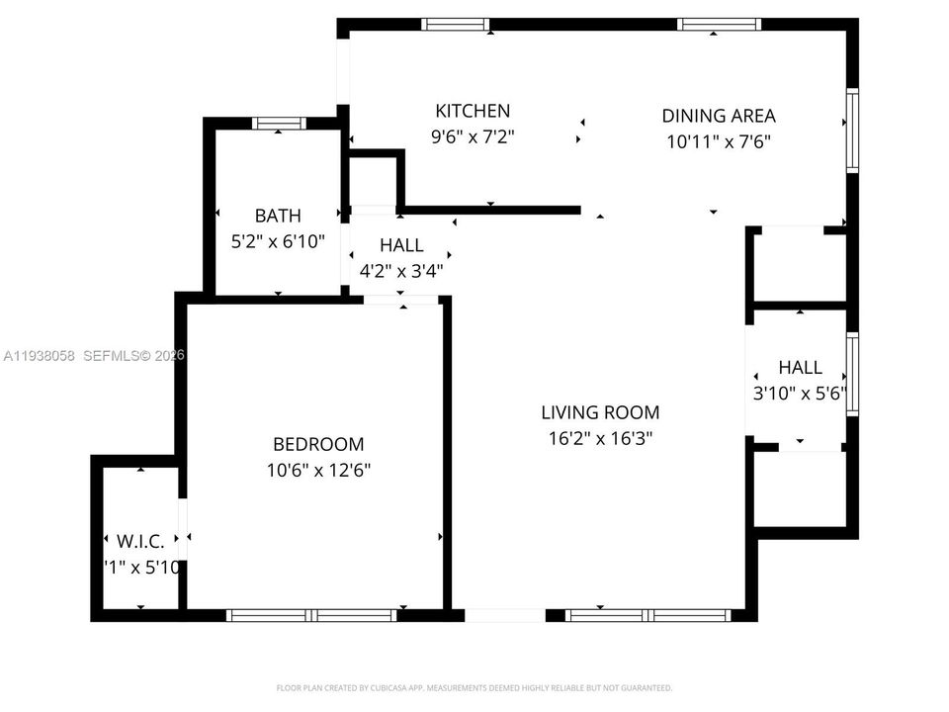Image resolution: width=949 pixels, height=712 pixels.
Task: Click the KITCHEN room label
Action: (x=473, y=111)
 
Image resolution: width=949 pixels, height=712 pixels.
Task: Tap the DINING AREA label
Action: (x=718, y=116)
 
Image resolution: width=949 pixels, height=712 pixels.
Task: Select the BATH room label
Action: (x=278, y=215)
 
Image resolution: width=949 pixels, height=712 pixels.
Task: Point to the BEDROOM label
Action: (x=318, y=445)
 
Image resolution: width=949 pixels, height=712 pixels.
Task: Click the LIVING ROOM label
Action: (x=599, y=412)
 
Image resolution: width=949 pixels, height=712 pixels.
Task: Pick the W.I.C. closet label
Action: (x=141, y=541)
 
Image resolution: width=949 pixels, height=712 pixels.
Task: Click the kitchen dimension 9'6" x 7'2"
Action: (x=473, y=136)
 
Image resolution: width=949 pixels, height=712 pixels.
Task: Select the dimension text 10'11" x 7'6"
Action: (x=718, y=141)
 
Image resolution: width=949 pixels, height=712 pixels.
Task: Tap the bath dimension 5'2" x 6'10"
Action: (x=278, y=240)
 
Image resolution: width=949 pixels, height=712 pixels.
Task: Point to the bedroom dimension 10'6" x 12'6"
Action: (x=318, y=471)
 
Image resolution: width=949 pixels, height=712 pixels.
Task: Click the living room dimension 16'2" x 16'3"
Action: (x=599, y=438)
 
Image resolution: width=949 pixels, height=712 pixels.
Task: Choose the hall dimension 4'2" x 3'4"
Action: (x=400, y=270)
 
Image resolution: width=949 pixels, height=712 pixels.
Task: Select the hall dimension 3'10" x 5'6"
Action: (x=800, y=393)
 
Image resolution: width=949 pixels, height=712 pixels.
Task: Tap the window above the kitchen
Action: (x=456, y=24)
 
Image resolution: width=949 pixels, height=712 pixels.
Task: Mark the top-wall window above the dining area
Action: (x=719, y=24)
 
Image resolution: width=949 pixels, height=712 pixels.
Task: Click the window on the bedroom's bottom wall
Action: (x=312, y=615)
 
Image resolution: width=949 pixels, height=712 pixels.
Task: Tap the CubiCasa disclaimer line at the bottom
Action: (x=474, y=687)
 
